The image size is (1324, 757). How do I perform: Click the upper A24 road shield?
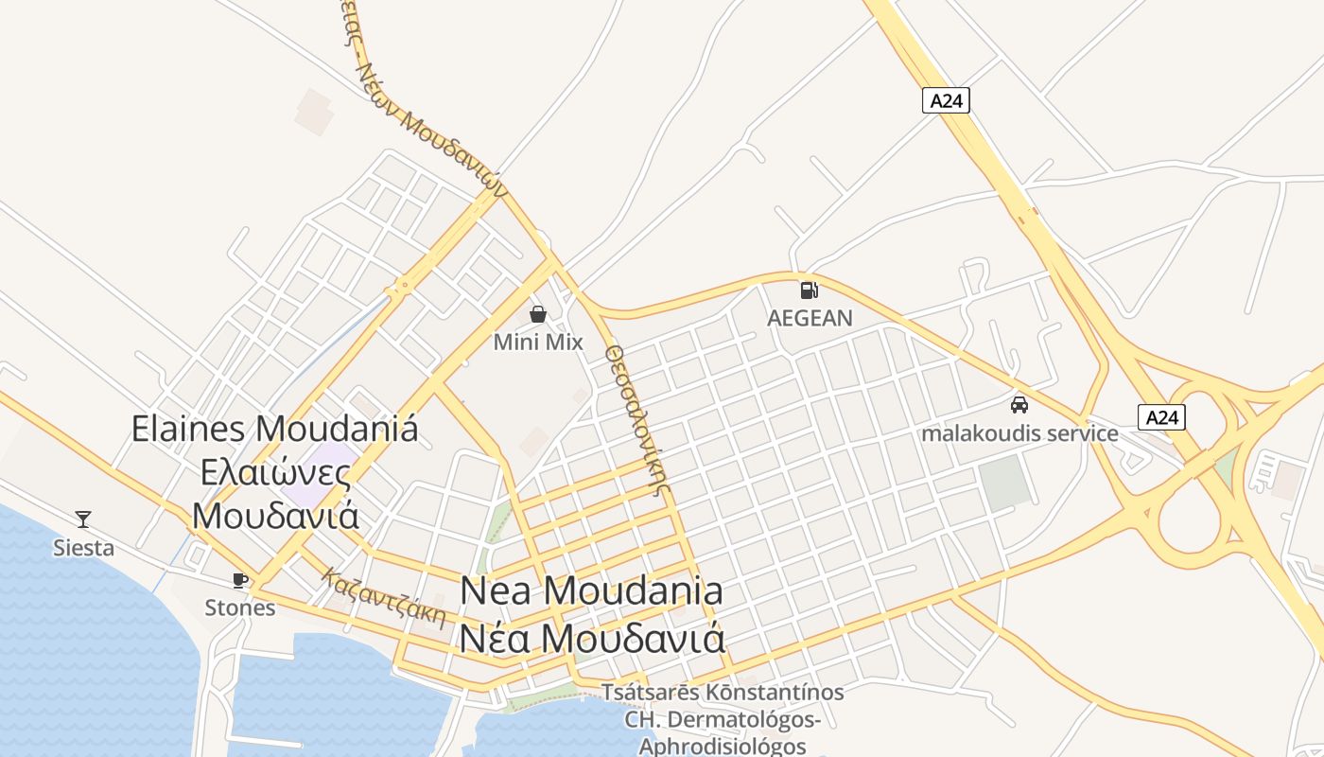[946, 100]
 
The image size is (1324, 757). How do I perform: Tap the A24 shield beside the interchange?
[1160, 417]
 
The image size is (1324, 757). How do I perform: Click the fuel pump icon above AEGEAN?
[809, 290]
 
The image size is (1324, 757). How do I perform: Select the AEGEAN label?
[810, 318]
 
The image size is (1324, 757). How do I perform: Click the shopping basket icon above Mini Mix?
[538, 314]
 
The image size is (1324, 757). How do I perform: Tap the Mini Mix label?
[538, 342]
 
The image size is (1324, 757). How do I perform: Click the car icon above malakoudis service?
[1019, 405]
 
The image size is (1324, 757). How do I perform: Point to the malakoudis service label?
[1019, 433]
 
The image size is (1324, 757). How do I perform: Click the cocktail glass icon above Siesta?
[83, 519]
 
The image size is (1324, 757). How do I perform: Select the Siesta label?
[83, 547]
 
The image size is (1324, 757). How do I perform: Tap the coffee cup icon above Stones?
[240, 580]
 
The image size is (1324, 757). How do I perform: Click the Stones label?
[240, 607]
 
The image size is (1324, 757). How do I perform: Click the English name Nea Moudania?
[592, 590]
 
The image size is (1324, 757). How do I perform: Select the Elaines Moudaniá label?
[274, 429]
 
